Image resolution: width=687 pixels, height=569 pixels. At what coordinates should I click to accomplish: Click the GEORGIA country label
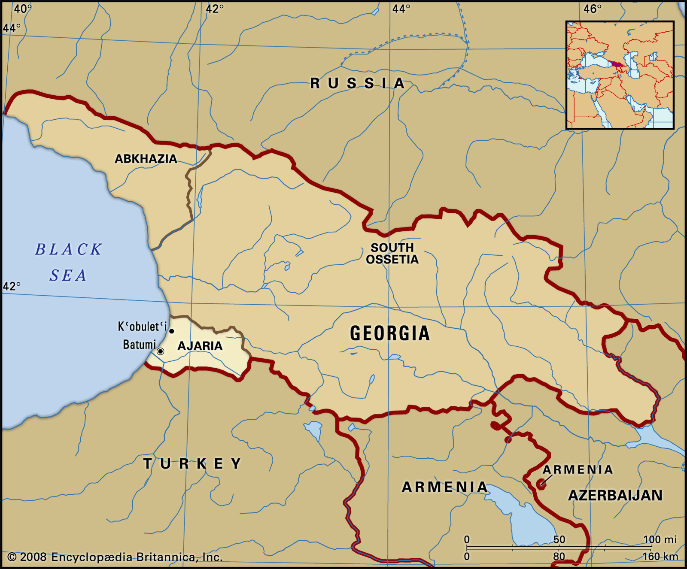tap(389, 333)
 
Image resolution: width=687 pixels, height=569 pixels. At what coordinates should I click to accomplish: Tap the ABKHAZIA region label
tap(146, 159)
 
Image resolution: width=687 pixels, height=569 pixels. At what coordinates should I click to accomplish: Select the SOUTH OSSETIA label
tap(392, 254)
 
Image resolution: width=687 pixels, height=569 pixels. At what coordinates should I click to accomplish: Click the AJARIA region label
tap(200, 346)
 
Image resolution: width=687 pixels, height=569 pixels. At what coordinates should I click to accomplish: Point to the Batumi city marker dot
tap(161, 351)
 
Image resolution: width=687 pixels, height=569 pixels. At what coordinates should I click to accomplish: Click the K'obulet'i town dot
tap(172, 331)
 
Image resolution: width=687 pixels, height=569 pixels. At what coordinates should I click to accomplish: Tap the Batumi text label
tap(139, 345)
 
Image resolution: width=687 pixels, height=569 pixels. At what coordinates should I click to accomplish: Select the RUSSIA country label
tap(357, 83)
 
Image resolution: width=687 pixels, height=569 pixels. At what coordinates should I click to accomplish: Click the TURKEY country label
tap(192, 464)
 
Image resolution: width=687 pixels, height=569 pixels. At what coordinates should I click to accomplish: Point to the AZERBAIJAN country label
tap(615, 496)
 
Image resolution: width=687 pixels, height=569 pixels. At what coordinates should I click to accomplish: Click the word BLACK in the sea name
tap(69, 250)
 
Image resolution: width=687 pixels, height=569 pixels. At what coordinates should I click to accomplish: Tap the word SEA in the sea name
tap(68, 275)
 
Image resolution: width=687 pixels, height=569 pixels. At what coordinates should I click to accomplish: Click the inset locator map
tap(620, 75)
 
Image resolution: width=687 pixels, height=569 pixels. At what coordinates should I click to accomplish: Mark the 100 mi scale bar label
tap(660, 539)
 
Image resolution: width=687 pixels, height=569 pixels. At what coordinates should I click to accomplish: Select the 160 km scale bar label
tap(660, 557)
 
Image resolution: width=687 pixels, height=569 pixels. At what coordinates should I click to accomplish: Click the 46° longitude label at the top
tap(593, 9)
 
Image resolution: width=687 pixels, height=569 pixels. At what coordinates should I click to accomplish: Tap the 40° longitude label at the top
tap(22, 9)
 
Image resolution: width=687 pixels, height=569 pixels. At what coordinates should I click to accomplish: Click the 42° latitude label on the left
tap(12, 286)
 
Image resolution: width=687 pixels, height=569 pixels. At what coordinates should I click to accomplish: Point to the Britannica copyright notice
tap(115, 557)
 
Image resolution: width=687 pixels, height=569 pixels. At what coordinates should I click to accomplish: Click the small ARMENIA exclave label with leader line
tap(578, 470)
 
